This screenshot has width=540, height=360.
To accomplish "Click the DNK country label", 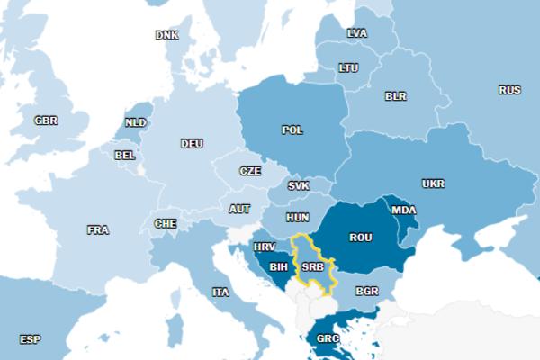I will point(166,36).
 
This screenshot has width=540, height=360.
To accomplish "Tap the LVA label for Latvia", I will point(357,33).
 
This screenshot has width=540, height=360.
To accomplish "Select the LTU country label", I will point(348,67).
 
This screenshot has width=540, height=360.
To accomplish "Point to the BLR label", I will point(396,96).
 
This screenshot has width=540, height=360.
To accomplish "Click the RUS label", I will point(509,90).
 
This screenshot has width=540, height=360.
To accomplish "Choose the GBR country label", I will point(46,121).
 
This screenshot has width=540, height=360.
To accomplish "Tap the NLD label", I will point(136,123).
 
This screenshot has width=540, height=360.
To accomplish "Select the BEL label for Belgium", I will point(125,155).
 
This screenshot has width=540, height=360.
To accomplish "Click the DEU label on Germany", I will point(192,144).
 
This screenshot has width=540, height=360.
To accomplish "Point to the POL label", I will point(292,130).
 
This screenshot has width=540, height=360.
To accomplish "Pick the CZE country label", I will point(250,171).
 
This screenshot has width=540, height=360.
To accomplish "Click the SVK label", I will point(298,186).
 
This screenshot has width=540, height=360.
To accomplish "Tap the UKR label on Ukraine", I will point(433,184).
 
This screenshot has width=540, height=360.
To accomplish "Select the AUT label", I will point(239,209).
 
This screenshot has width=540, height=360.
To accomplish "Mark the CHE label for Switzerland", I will point(166,223).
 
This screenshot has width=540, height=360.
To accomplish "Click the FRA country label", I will point(98,230).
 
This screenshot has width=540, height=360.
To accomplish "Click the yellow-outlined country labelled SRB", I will point(313,266).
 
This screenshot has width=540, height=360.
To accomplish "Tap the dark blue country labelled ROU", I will point(361,238).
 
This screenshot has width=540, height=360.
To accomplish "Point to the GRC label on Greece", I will point(328,340).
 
